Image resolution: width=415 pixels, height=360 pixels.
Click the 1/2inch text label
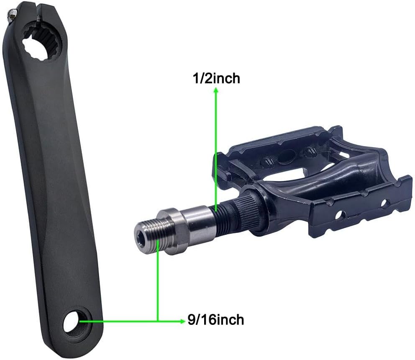(216, 78)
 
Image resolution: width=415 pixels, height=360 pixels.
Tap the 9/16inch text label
(216, 320)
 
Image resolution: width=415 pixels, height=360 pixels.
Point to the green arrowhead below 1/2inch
(216, 90)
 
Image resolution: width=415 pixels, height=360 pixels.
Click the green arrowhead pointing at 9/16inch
(182, 321)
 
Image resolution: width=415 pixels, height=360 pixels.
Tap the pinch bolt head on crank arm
(12, 16)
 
